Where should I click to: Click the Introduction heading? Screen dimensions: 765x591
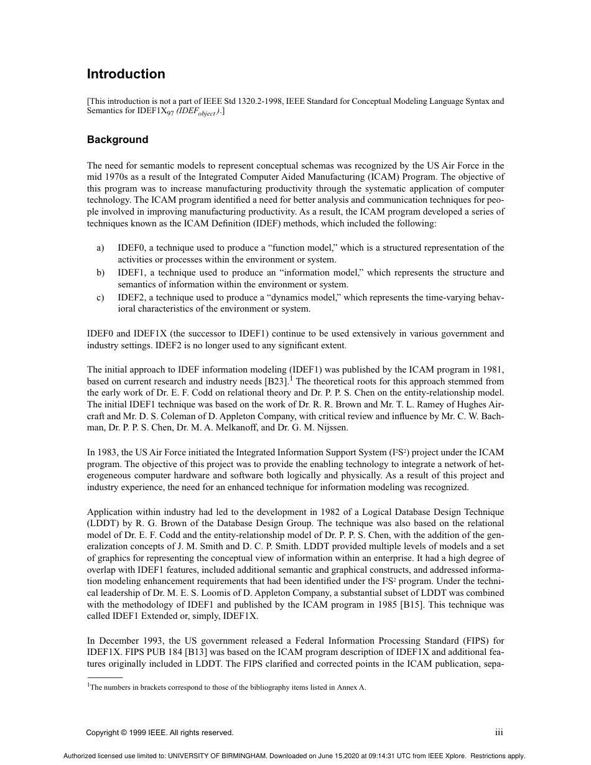pyautogui.click(x=126, y=74)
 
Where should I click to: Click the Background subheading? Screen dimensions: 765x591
pyautogui.click(x=118, y=139)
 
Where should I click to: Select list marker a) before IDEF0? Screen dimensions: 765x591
pyautogui.click(x=100, y=248)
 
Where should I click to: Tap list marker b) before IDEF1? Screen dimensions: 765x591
pyautogui.click(x=100, y=272)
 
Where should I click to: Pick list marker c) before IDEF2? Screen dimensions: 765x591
pyautogui.click(x=100, y=297)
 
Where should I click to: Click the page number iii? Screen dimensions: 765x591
pyautogui.click(x=499, y=732)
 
